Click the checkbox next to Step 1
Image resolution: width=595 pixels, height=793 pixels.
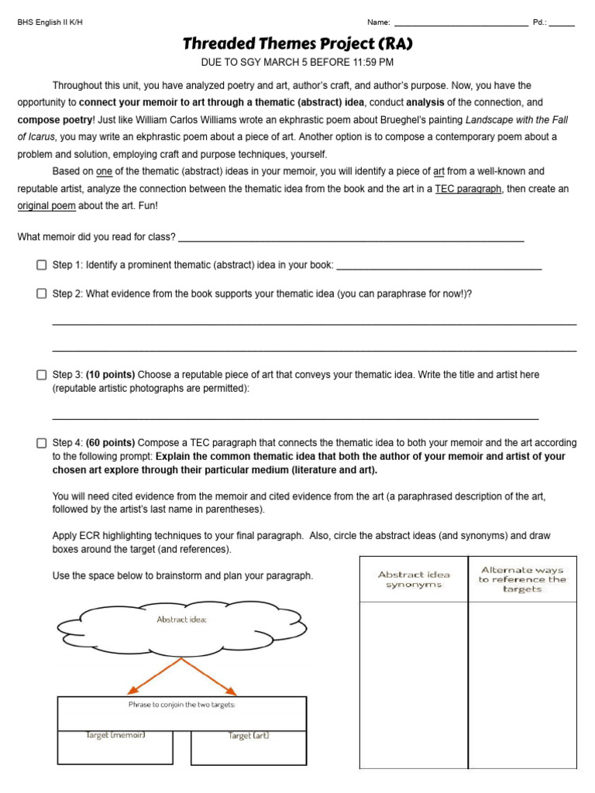pyautogui.click(x=42, y=265)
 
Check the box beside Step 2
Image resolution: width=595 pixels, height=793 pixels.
pyautogui.click(x=42, y=294)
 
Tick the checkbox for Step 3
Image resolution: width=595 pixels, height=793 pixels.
pyautogui.click(x=42, y=375)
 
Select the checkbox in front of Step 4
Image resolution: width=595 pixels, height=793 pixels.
pyautogui.click(x=42, y=443)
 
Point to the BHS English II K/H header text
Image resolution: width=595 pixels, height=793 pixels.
pyautogui.click(x=50, y=22)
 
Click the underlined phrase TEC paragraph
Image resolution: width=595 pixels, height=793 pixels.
pyautogui.click(x=468, y=189)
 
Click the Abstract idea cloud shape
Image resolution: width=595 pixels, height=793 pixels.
pyautogui.click(x=182, y=625)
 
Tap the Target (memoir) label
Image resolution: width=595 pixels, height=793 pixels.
pyautogui.click(x=115, y=735)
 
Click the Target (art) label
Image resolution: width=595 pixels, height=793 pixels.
pyautogui.click(x=248, y=735)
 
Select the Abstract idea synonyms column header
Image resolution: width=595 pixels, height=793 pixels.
pyautogui.click(x=414, y=579)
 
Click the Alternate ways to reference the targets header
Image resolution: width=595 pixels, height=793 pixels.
pyautogui.click(x=522, y=579)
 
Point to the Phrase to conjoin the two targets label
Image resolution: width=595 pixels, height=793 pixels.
pyautogui.click(x=182, y=705)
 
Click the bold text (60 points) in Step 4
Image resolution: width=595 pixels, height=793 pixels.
pyautogui.click(x=110, y=443)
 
